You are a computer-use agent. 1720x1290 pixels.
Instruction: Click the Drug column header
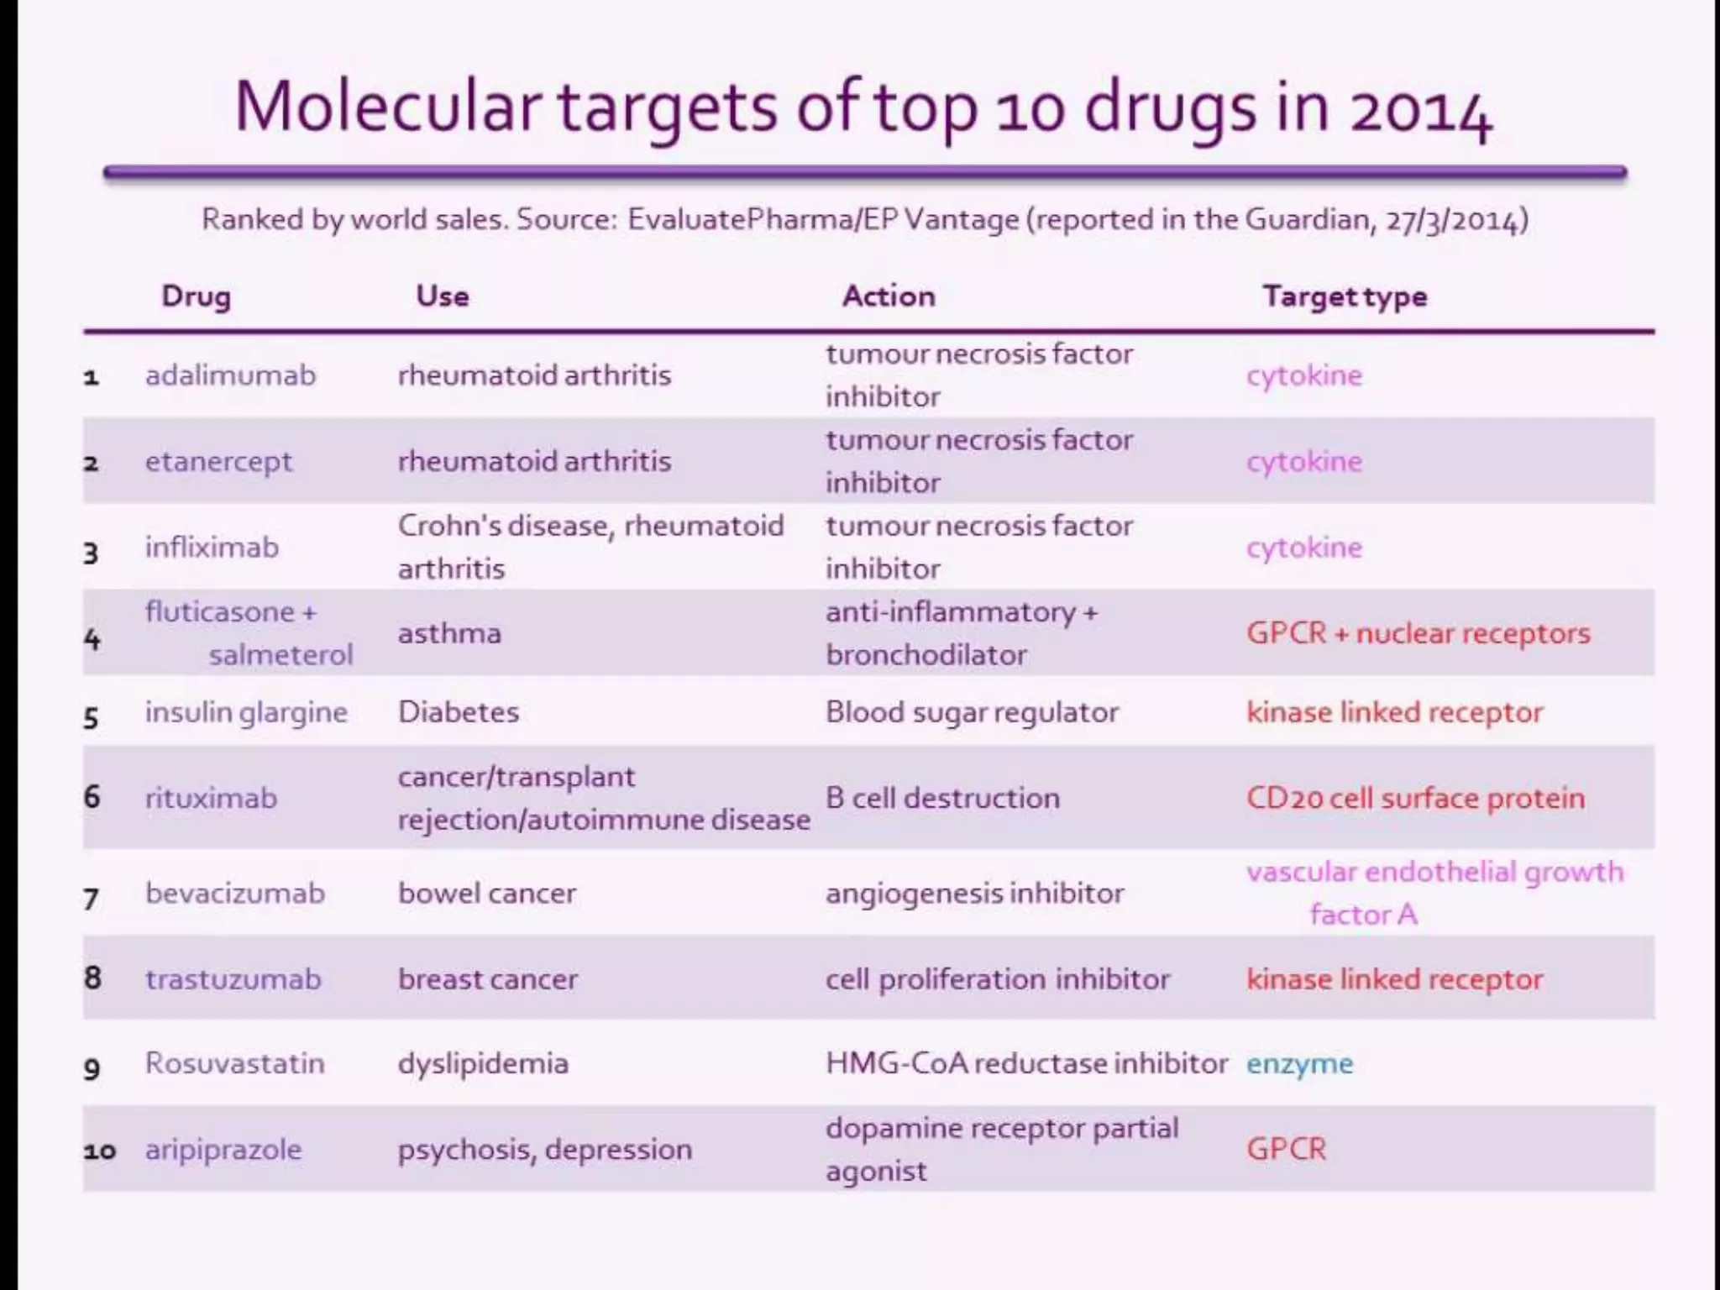click(196, 296)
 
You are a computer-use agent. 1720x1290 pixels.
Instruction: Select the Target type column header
click(1345, 296)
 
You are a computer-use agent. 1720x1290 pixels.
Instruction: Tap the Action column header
click(889, 296)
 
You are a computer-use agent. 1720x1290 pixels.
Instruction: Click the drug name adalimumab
click(230, 375)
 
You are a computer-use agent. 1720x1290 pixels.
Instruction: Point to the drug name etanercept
click(218, 461)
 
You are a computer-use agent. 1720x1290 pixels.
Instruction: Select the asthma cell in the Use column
click(449, 632)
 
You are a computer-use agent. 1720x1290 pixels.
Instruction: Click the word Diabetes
click(459, 712)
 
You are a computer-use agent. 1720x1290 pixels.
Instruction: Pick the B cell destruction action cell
click(942, 798)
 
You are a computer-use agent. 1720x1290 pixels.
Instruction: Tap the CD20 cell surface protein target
click(1415, 798)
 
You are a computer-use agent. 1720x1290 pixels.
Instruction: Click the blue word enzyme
click(1299, 1064)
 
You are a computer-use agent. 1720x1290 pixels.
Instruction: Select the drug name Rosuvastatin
click(234, 1063)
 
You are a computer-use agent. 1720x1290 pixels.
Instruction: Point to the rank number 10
click(99, 1151)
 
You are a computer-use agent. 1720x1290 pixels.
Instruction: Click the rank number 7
click(92, 899)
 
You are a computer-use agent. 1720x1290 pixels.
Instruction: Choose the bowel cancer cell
click(487, 893)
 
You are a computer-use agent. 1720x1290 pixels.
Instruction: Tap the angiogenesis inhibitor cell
click(974, 893)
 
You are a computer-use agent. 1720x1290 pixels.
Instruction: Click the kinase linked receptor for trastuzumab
click(1394, 979)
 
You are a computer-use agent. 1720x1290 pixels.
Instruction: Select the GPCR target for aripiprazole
click(1286, 1149)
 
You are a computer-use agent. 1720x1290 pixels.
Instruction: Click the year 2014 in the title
click(1420, 110)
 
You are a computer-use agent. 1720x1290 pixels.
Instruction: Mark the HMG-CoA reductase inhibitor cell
click(1026, 1063)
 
